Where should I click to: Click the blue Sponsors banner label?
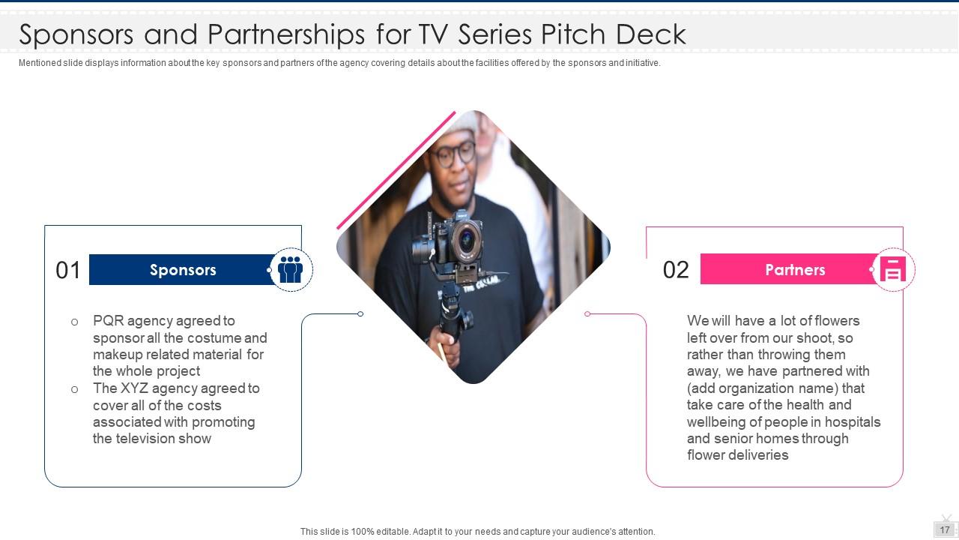coord(183,270)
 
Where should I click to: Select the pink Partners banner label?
coord(795,269)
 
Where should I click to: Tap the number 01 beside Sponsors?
coord(68,271)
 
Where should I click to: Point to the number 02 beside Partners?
coord(676,270)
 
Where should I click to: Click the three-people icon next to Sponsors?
coord(290,269)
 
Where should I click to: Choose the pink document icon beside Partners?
coord(892,269)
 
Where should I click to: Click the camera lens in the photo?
coord(466,238)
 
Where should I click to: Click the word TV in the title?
coord(434,34)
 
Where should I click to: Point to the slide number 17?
coord(945,530)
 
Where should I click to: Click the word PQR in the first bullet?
coord(109,320)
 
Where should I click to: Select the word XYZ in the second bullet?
coord(134,388)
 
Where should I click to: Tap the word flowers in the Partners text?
coord(837,320)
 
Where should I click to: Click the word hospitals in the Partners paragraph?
coord(853,422)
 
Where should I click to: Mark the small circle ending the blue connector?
coord(360,314)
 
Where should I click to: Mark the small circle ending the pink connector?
coord(587,314)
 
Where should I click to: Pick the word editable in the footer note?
coord(393,532)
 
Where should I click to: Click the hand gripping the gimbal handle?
coord(447,347)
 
